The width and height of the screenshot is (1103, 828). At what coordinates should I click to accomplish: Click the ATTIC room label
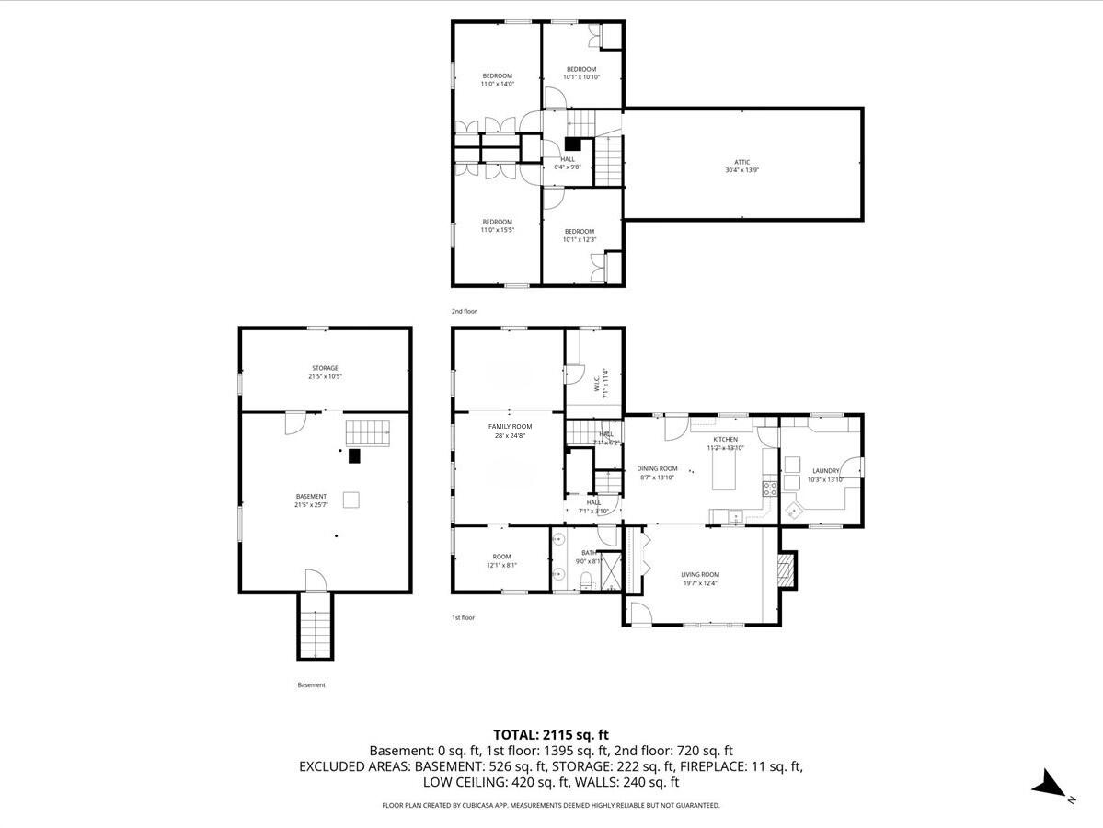[743, 163]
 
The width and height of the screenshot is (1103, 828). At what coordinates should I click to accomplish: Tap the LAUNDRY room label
[825, 471]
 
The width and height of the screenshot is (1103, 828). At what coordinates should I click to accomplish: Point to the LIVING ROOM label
[700, 575]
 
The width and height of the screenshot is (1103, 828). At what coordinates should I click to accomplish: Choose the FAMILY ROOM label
[510, 427]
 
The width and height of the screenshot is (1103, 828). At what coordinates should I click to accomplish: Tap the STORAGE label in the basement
[324, 368]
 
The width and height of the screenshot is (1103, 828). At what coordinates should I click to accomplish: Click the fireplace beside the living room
[786, 570]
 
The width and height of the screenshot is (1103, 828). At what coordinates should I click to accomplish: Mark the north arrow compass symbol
[1050, 784]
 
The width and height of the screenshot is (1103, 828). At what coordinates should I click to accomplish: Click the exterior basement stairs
[315, 627]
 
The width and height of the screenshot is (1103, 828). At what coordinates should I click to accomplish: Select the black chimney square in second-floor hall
[574, 144]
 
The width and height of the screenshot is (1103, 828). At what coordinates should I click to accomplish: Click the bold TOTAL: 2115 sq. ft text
[551, 734]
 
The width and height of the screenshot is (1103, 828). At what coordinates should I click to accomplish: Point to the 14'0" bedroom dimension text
[497, 84]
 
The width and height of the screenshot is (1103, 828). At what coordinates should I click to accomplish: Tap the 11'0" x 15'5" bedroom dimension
[497, 230]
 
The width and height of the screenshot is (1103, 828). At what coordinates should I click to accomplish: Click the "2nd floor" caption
[465, 311]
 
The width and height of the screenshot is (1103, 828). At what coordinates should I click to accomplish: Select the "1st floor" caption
[464, 617]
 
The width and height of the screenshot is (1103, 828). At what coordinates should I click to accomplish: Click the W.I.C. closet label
[596, 382]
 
